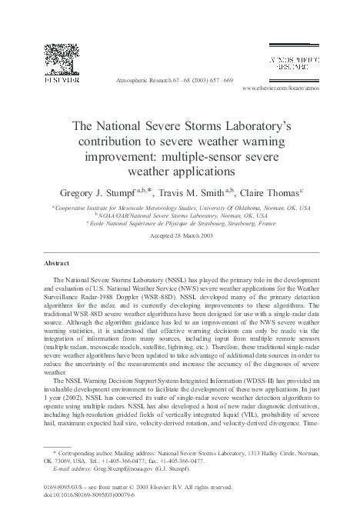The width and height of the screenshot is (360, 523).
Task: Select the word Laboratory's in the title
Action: point(253,123)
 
